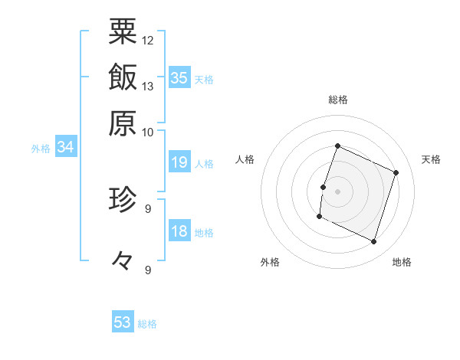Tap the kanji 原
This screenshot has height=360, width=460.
[123, 123]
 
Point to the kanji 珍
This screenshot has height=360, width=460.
[123, 200]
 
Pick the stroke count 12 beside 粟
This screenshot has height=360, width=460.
[148, 40]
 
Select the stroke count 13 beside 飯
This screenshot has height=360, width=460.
[148, 86]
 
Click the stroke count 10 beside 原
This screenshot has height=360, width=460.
[148, 132]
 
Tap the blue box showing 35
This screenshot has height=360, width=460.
[179, 78]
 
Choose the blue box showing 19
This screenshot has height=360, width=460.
[179, 162]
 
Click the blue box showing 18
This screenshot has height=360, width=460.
[179, 231]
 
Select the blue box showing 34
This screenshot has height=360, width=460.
[65, 147]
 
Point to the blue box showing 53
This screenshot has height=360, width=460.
[123, 322]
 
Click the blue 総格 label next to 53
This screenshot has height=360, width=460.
[147, 324]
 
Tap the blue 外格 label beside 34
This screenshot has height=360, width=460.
[41, 149]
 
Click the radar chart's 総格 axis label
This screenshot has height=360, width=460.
[337, 100]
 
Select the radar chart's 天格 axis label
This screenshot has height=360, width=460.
[432, 159]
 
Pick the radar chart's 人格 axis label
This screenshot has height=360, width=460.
[245, 159]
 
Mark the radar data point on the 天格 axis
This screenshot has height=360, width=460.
[396, 173]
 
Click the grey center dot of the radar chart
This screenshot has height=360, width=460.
[337, 191]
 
